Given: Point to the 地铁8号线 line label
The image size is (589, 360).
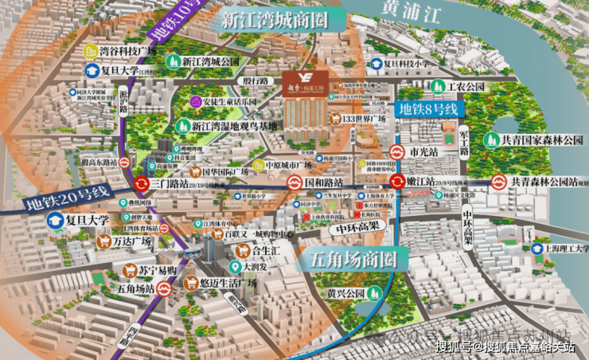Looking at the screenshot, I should point(429,107).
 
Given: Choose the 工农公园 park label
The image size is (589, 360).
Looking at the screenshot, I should point(466,86).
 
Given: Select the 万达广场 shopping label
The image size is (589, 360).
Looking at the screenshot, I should point(134,241).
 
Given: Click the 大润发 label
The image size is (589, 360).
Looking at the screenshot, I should point(259,266).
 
